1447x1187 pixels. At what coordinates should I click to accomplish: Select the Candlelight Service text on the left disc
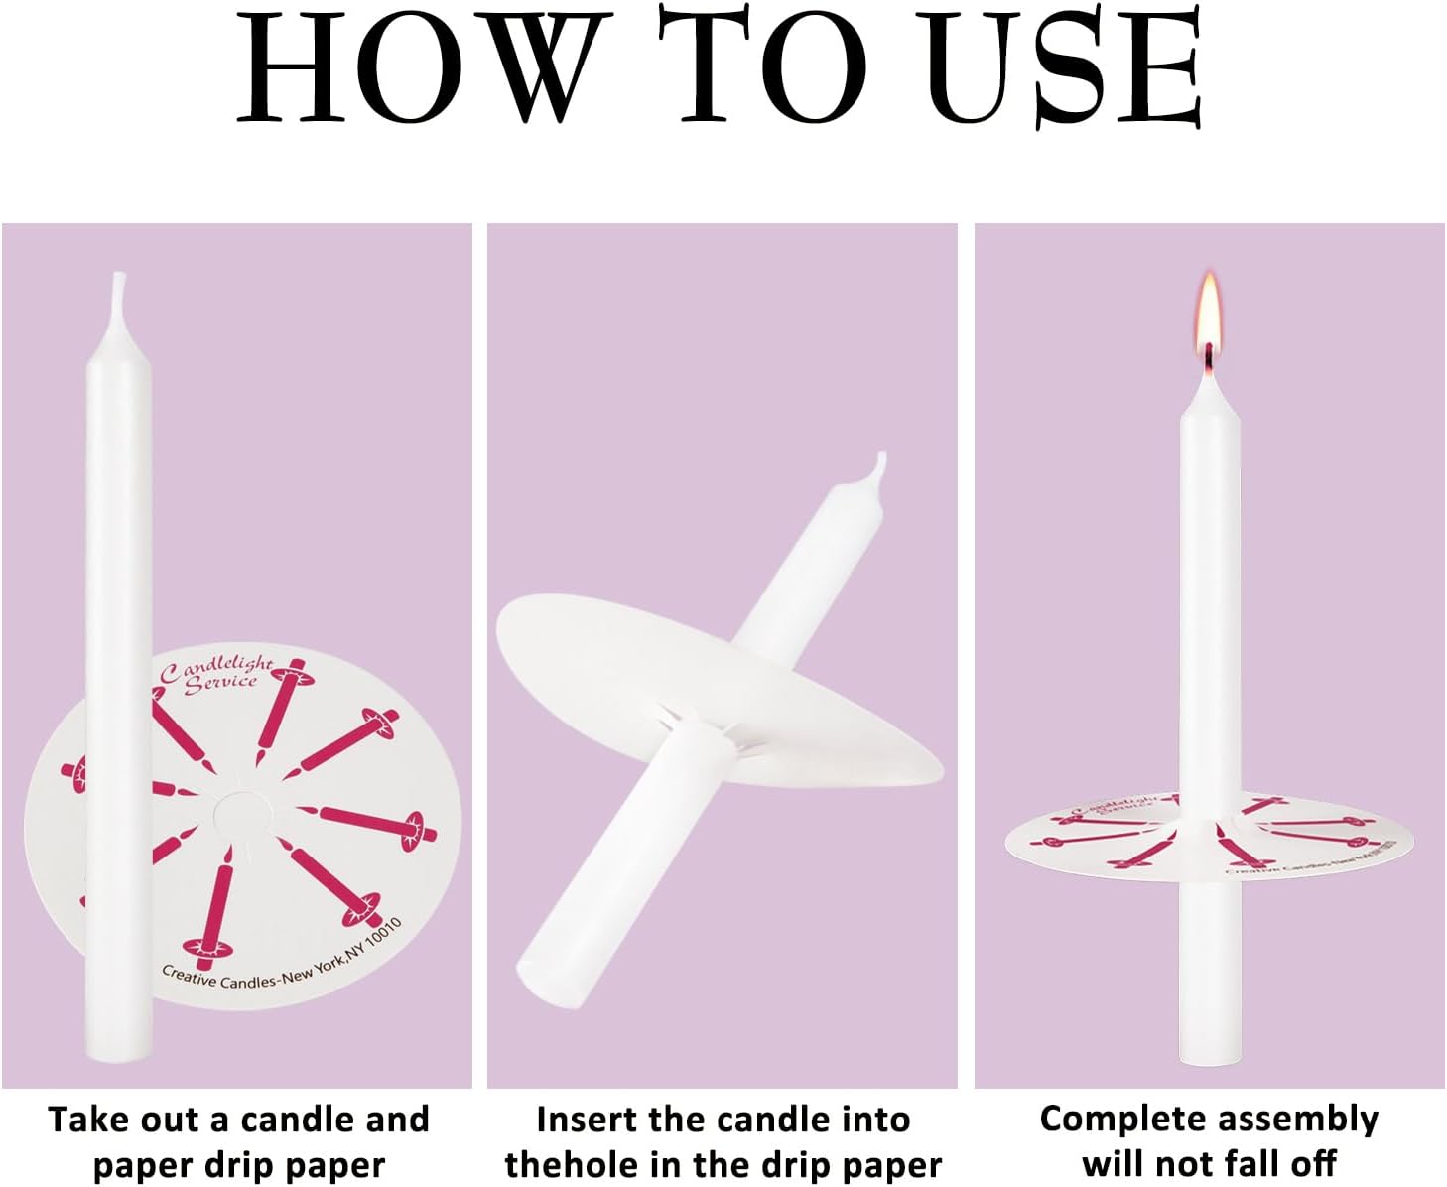point(217,675)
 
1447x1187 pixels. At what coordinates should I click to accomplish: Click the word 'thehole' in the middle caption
point(571,1165)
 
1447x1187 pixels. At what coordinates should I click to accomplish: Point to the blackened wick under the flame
point(1208,356)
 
